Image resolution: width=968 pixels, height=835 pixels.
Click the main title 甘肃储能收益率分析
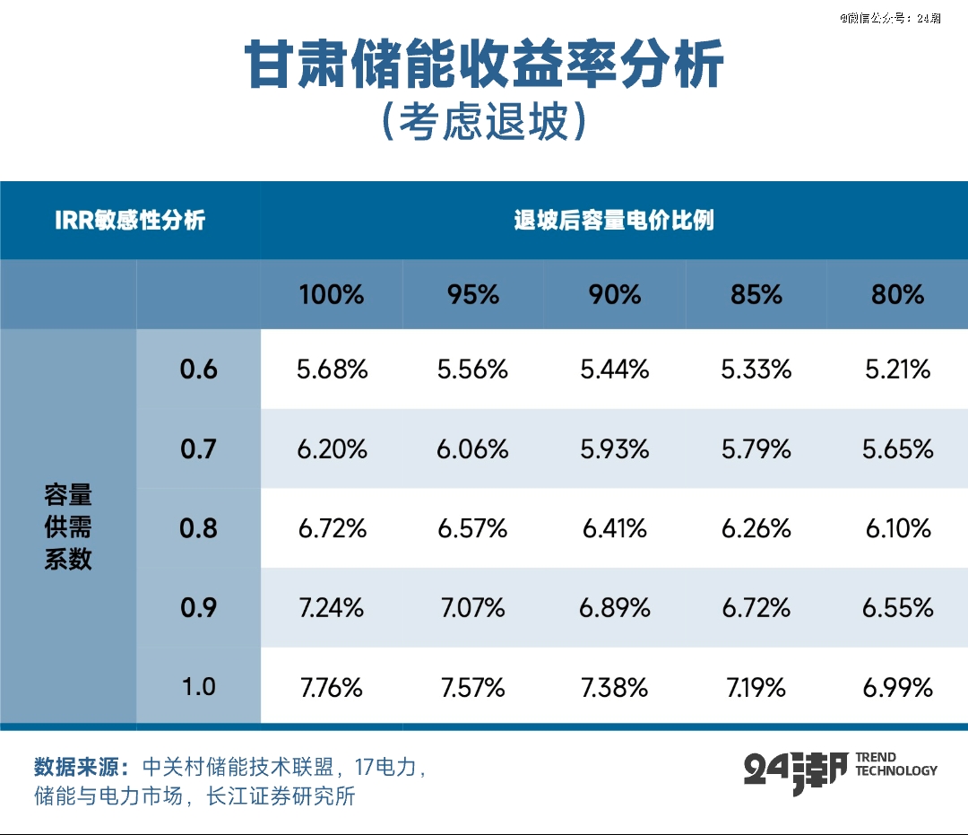[484, 65]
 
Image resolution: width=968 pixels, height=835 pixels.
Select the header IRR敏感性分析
[131, 221]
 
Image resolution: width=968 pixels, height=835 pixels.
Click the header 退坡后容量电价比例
[614, 221]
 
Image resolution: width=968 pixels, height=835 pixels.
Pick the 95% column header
[472, 294]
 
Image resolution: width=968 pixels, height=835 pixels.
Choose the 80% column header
[897, 294]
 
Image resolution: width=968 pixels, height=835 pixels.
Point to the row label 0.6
[198, 369]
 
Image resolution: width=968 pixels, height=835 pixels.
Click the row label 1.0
[198, 687]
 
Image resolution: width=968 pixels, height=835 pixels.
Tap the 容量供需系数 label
[68, 527]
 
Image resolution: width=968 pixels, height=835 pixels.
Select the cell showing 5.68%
[332, 369]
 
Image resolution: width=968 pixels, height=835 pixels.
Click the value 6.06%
[472, 448]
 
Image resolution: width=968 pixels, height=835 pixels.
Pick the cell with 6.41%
[614, 528]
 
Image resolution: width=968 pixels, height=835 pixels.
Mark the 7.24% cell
[332, 608]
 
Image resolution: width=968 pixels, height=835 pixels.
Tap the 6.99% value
[897, 687]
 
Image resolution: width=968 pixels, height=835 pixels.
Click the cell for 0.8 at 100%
[332, 528]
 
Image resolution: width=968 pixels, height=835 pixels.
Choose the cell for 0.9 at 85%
[756, 608]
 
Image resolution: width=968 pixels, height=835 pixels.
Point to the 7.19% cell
[756, 687]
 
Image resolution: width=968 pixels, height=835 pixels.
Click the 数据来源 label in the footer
[82, 768]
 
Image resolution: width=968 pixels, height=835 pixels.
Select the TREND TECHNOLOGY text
[895, 764]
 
